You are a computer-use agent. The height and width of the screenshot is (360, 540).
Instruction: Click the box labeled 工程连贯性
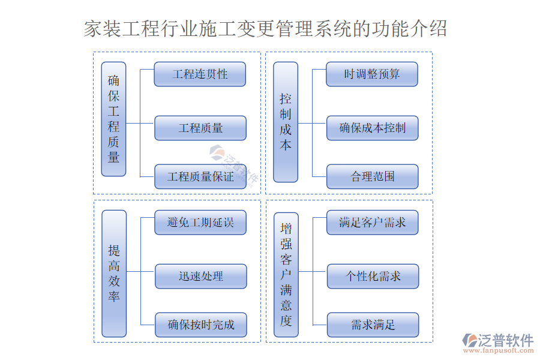(200, 74)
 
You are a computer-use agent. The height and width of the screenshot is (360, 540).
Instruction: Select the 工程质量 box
(200, 128)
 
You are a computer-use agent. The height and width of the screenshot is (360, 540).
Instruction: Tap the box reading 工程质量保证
(200, 176)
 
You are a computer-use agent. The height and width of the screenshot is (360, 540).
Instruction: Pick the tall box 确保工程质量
(113, 119)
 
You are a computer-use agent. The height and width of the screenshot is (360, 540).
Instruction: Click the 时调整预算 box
(372, 74)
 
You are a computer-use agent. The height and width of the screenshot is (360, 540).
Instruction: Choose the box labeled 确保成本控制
(372, 128)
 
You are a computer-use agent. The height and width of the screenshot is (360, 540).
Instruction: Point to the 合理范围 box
(372, 176)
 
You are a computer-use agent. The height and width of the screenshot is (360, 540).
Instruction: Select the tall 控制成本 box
(286, 122)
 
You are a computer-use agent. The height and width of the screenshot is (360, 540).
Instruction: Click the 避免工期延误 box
(200, 223)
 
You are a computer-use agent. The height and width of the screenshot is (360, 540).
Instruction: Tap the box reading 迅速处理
(200, 276)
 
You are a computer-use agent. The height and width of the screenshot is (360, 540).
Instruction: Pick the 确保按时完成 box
(200, 325)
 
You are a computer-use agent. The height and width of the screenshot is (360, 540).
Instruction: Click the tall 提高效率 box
(114, 273)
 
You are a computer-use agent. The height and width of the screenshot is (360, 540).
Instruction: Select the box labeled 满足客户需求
(372, 223)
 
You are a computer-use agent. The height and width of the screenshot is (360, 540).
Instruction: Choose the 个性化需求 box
(372, 276)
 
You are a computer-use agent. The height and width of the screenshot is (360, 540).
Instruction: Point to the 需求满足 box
(372, 325)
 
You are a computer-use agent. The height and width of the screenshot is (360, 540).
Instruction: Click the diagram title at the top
(265, 28)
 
